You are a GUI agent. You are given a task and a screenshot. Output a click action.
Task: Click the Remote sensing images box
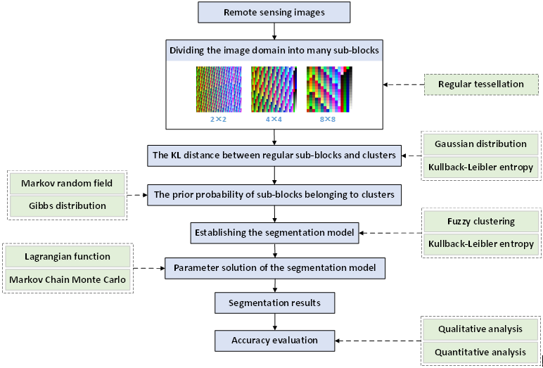274,13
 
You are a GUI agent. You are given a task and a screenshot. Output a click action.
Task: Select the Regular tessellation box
480,84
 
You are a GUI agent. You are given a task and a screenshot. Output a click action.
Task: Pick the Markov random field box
68,184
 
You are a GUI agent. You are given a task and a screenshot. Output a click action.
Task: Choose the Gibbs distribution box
68,206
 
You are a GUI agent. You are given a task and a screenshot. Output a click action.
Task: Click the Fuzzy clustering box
481,222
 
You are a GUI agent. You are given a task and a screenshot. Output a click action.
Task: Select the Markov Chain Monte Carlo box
68,279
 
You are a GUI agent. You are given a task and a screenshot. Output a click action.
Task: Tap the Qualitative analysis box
481,329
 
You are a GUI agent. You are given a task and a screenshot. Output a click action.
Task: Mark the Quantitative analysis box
481,352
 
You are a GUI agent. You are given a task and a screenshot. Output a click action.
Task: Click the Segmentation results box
274,303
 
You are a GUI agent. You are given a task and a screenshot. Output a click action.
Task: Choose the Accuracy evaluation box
274,341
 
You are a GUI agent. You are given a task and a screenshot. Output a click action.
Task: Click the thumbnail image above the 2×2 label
219,89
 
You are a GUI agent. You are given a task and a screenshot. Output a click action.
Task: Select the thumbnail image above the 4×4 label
274,89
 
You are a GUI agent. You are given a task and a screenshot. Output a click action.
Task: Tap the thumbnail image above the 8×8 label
329,89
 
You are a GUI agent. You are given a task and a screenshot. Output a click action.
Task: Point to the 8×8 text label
329,120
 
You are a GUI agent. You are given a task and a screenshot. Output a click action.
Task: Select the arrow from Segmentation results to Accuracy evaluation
274,322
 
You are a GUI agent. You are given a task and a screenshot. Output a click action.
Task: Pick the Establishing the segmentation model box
274,230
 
